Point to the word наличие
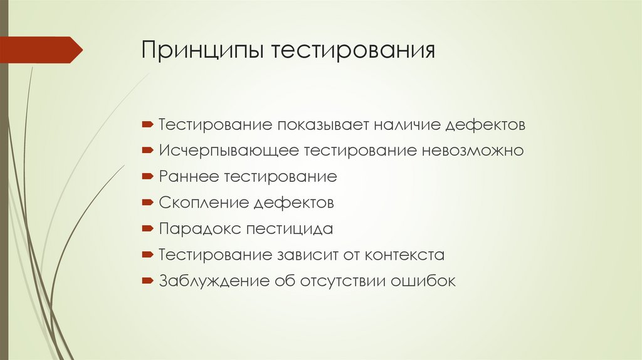pyautogui.click(x=406, y=125)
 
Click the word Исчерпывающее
pyautogui.click(x=229, y=151)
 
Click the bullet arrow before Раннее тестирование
pyautogui.click(x=147, y=177)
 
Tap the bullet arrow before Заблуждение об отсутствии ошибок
pyautogui.click(x=147, y=282)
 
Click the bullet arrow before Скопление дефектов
pyautogui.click(x=147, y=203)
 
